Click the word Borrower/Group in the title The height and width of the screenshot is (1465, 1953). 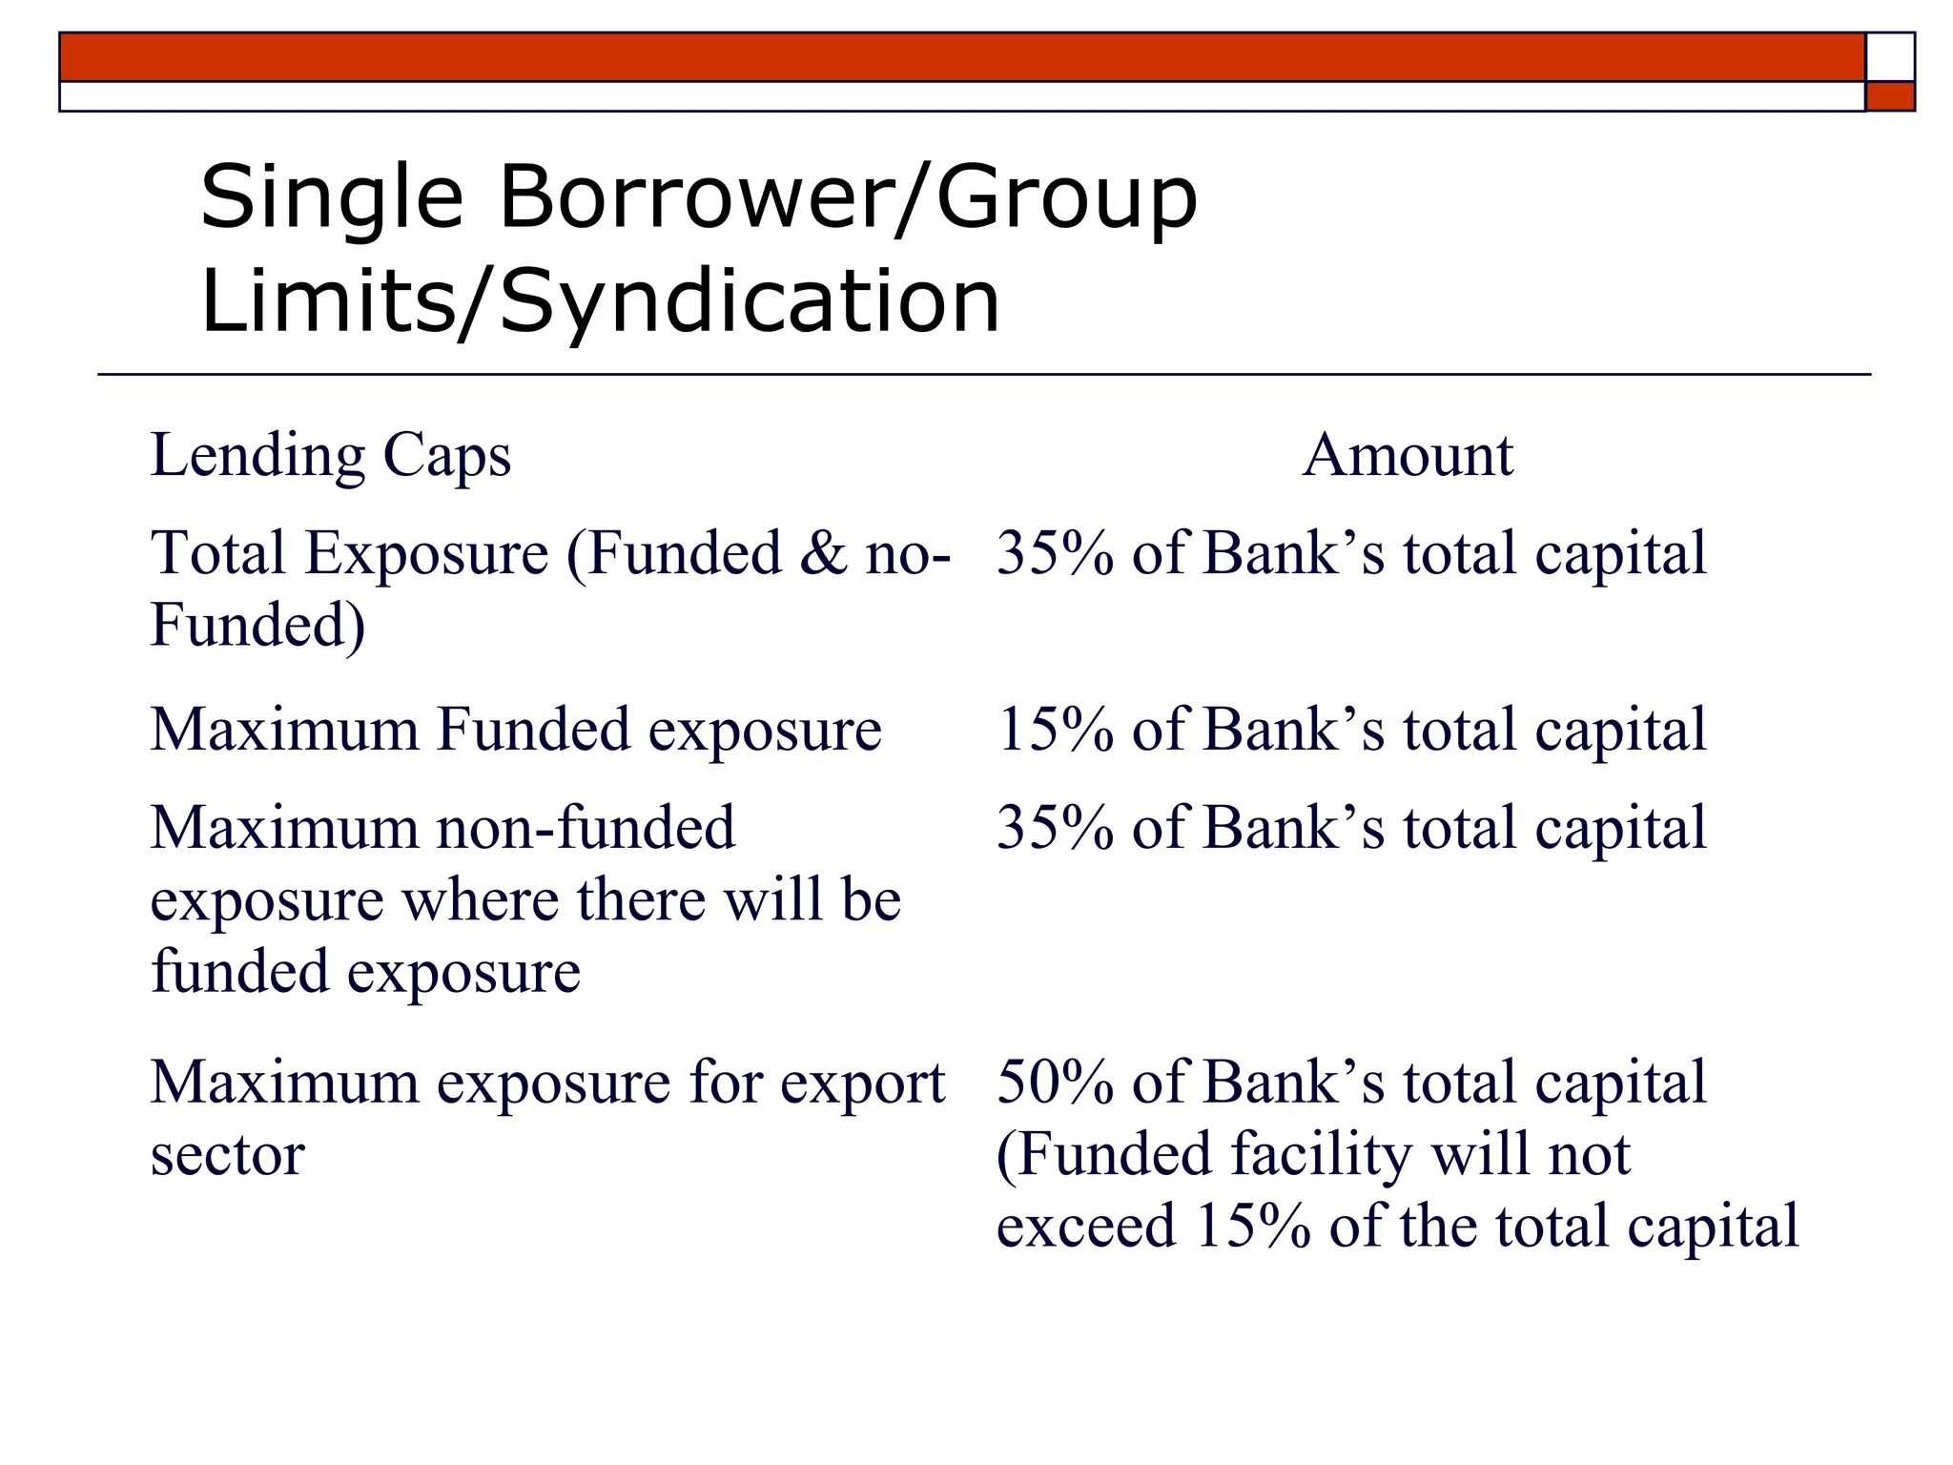[x=847, y=197]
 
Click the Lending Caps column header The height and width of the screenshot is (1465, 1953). [x=331, y=455]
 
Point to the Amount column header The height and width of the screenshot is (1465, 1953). [x=1408, y=455]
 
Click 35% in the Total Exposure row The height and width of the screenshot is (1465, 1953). [x=1055, y=553]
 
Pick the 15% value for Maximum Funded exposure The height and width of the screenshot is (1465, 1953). [x=1055, y=730]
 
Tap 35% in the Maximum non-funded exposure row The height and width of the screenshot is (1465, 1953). [x=1055, y=827]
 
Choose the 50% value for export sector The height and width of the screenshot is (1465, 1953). [x=1055, y=1083]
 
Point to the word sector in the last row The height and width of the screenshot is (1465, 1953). [x=228, y=1155]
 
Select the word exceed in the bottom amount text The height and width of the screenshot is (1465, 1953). [x=1085, y=1226]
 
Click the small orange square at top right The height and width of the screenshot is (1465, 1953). [x=1890, y=96]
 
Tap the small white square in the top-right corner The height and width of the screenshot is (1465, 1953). [x=1890, y=57]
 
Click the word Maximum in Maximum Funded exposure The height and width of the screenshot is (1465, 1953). [x=284, y=730]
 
